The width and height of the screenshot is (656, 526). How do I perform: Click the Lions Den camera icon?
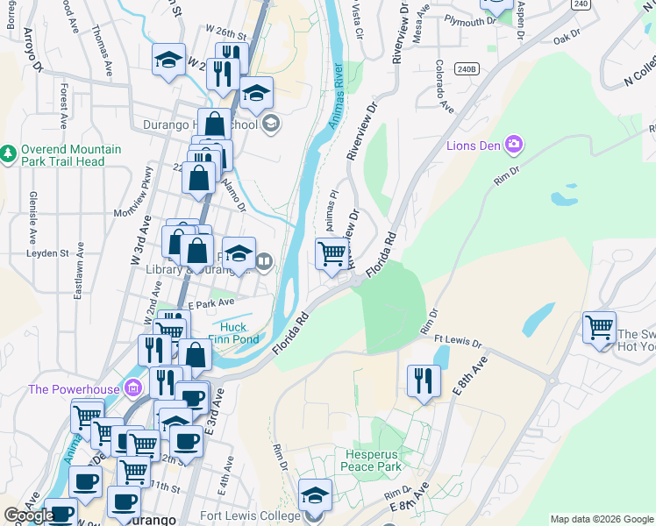[x=514, y=144]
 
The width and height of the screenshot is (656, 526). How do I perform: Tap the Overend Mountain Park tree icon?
[x=9, y=153]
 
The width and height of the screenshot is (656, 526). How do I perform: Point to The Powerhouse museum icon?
[x=132, y=387]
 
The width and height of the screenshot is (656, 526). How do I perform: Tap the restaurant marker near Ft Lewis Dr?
[x=424, y=381]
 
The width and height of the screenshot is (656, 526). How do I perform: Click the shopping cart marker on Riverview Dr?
[x=332, y=254]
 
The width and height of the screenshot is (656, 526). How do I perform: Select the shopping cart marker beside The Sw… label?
[x=599, y=329]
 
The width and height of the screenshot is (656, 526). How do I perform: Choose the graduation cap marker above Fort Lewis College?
[x=315, y=495]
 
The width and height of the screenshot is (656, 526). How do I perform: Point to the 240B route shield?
[x=467, y=68]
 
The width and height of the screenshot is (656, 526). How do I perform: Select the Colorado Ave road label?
[x=444, y=86]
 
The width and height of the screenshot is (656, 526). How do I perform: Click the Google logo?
[x=29, y=515]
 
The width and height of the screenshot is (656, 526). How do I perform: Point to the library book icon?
[x=264, y=259]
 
